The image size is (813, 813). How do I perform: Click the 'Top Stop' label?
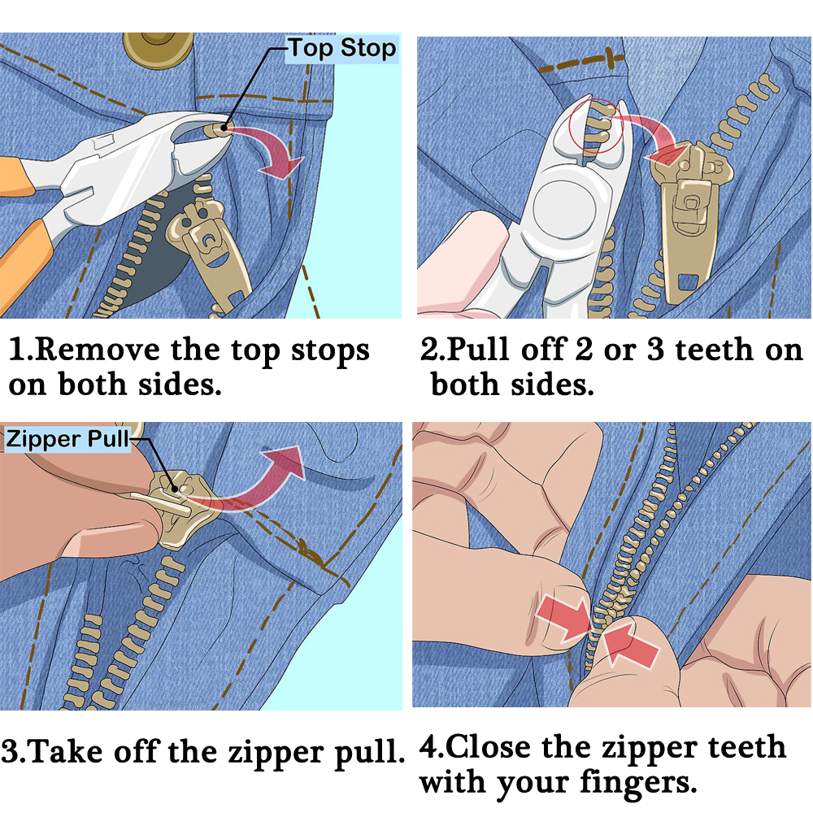click(x=341, y=49)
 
